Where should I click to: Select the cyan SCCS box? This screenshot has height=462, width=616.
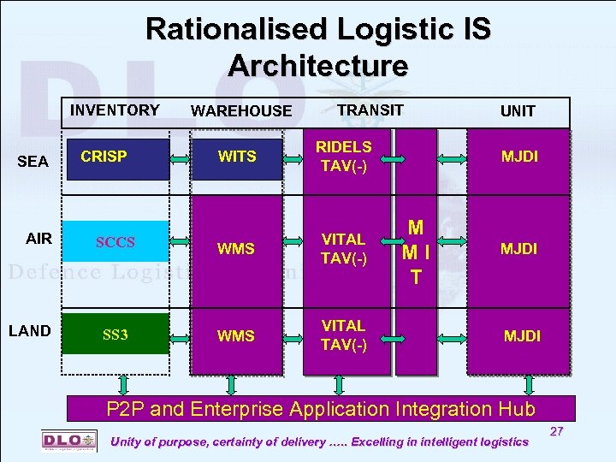tap(115, 242)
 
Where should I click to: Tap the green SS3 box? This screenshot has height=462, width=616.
tap(115, 334)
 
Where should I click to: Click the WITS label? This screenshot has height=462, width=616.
tap(237, 157)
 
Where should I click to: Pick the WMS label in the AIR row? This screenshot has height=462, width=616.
tap(236, 249)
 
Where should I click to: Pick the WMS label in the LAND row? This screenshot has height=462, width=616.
tap(236, 336)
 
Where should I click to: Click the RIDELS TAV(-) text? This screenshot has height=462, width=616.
tap(344, 157)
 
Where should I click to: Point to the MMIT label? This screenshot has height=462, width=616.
tap(416, 252)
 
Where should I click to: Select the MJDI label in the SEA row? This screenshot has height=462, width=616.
tap(519, 157)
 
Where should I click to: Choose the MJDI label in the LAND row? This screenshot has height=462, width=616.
tap(522, 336)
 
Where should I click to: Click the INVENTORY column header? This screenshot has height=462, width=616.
tap(115, 110)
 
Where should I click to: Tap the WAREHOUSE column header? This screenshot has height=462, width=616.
tap(241, 111)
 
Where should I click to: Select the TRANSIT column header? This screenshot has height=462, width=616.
tap(370, 110)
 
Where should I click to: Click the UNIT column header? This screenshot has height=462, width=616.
tap(518, 111)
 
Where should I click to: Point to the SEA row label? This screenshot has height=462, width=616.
tap(33, 162)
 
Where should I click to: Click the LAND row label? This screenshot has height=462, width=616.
tap(30, 331)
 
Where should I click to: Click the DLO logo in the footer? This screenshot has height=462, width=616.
tap(68, 440)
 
